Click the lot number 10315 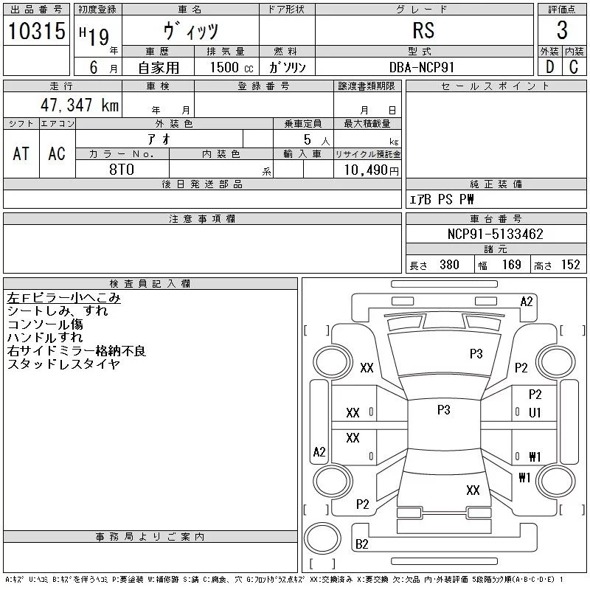[36, 30]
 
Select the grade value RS [423, 30]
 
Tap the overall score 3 [562, 30]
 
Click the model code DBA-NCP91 [422, 67]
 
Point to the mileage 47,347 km [80, 105]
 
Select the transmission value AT [21, 153]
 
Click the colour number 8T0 [122, 170]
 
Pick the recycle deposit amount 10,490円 [371, 170]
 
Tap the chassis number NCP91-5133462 [495, 234]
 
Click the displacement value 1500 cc [232, 67]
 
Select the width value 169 [511, 265]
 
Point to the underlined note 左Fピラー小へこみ [63, 298]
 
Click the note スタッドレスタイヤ [63, 364]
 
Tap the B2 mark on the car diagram [361, 544]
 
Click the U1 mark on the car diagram [535, 413]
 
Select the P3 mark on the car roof [444, 409]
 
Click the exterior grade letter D [549, 67]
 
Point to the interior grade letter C [574, 67]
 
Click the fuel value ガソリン [287, 67]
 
